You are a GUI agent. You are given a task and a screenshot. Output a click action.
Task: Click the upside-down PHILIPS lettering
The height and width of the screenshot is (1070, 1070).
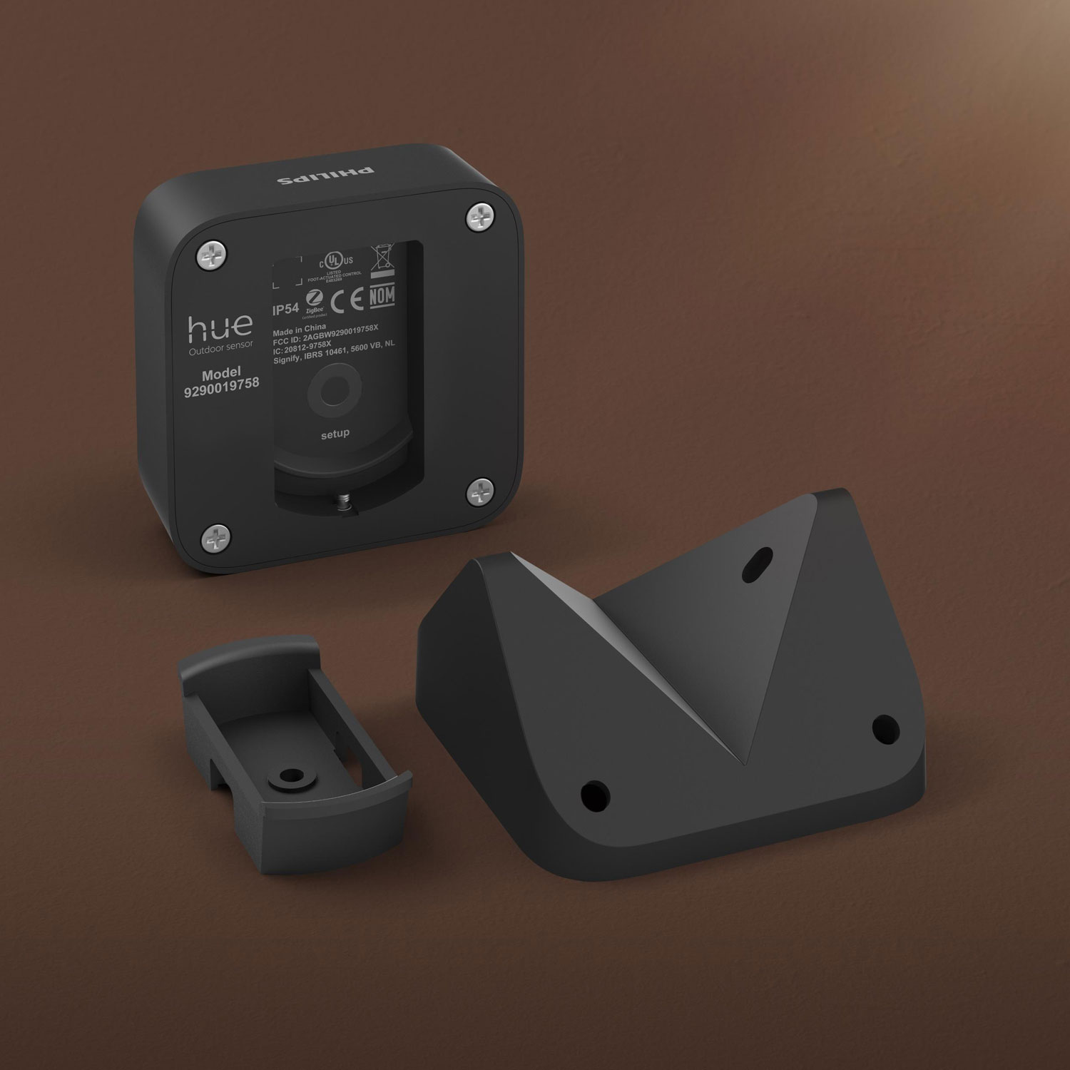click(325, 174)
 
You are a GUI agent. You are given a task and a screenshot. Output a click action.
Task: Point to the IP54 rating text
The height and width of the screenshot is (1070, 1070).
click(286, 310)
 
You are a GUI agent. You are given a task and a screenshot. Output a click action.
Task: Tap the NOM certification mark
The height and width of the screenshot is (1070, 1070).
click(382, 295)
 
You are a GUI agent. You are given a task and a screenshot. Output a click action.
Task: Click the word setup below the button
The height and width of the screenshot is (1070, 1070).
click(335, 434)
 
